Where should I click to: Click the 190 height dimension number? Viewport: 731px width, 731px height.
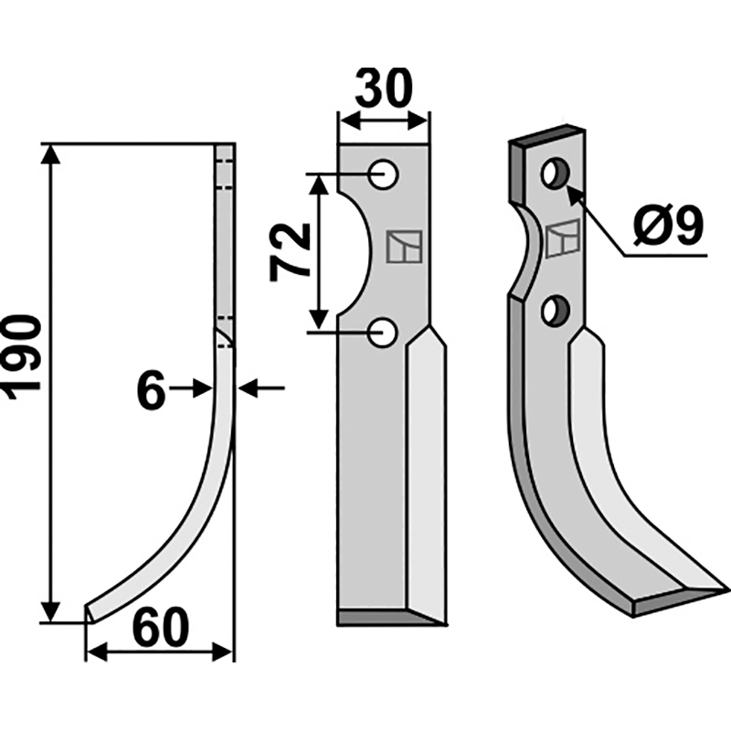click(21, 357)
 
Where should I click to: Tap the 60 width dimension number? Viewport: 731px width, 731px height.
click(161, 628)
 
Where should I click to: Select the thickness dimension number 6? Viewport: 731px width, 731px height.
click(152, 390)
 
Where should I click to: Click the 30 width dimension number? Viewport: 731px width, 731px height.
click(384, 88)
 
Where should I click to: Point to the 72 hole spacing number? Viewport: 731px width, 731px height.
click(289, 252)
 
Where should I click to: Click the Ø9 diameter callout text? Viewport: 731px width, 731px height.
click(668, 227)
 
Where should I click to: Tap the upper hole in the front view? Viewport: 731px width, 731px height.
click(382, 175)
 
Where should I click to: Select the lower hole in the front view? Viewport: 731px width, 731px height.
click(382, 332)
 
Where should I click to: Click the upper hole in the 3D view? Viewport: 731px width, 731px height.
click(556, 174)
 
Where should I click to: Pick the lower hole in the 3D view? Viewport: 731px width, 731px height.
click(556, 311)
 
